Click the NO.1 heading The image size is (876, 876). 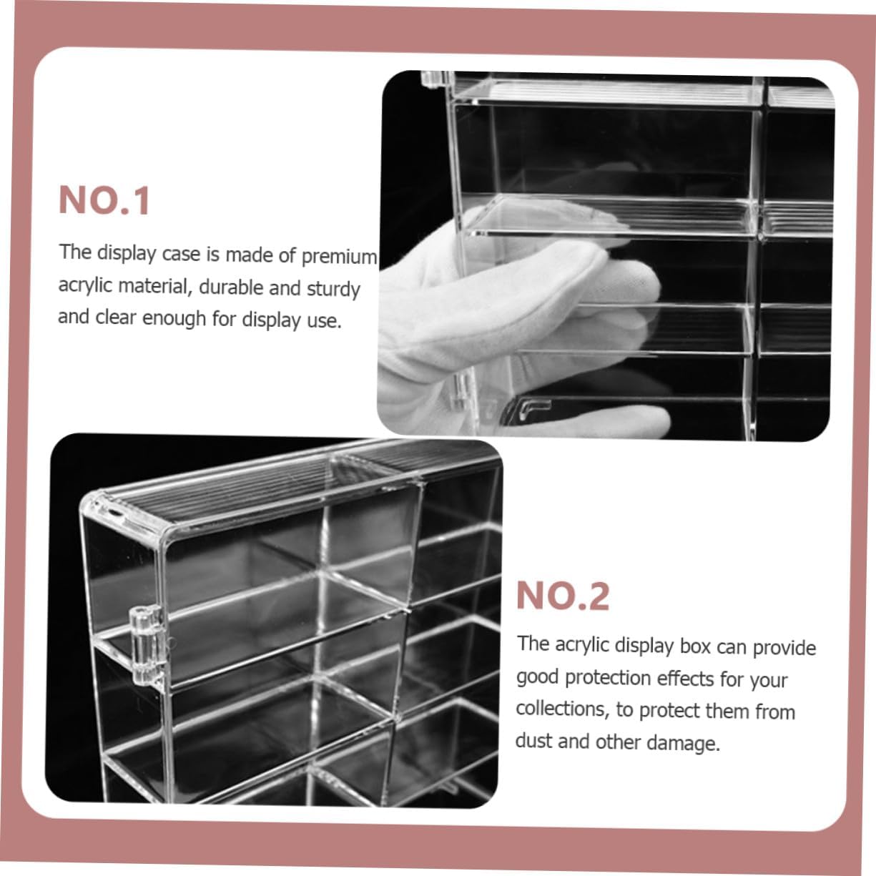pyautogui.click(x=104, y=200)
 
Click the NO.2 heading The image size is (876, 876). pyautogui.click(x=562, y=596)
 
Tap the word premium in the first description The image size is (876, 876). pyautogui.click(x=339, y=257)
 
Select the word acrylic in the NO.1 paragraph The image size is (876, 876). pyautogui.click(x=86, y=285)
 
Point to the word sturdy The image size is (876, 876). pyautogui.click(x=333, y=289)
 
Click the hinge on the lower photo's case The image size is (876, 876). pyautogui.click(x=147, y=646)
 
